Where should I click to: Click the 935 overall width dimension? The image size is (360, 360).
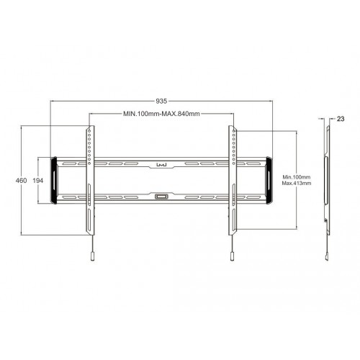click(161, 102)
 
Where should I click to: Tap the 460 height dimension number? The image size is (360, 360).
click(11, 180)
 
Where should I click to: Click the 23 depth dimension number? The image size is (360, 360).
click(340, 118)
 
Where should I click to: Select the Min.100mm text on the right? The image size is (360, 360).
click(295, 177)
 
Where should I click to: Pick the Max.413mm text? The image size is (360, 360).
click(295, 184)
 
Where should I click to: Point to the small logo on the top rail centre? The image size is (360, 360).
click(161, 163)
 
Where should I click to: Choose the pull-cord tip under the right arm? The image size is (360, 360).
click(232, 256)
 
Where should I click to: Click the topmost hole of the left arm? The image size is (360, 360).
click(89, 132)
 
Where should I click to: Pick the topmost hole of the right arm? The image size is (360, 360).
click(233, 132)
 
